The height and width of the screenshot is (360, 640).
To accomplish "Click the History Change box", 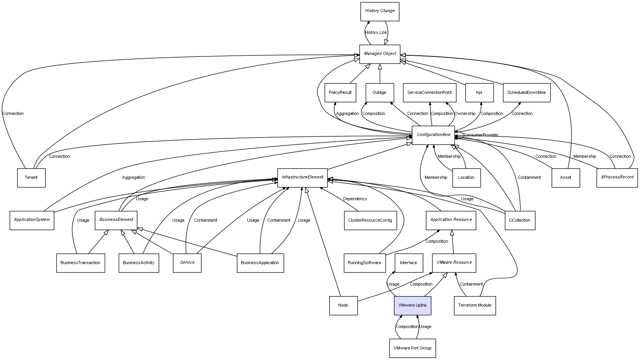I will pyautogui.click(x=380, y=11).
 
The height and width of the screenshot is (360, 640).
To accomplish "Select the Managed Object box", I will pyautogui.click(x=380, y=54).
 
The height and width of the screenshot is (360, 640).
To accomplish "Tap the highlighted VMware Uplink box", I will pyautogui.click(x=413, y=305).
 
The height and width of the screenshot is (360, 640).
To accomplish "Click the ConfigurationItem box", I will pyautogui.click(x=433, y=135).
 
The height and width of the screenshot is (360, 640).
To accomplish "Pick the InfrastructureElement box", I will pyautogui.click(x=302, y=177).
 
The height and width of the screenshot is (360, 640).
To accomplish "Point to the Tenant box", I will pyautogui.click(x=31, y=178).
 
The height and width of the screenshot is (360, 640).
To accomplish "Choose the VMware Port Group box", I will pyautogui.click(x=413, y=348).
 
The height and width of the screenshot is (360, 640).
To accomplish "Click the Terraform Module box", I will pyautogui.click(x=475, y=305).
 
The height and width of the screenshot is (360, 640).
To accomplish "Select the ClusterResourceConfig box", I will pyautogui.click(x=370, y=220).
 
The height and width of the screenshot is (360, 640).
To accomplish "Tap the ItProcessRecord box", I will pyautogui.click(x=617, y=177).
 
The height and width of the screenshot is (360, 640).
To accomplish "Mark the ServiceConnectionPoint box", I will pyautogui.click(x=429, y=93).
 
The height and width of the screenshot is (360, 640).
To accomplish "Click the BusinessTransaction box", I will pyautogui.click(x=81, y=263).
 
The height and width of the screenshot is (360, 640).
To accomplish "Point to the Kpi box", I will pyautogui.click(x=479, y=93).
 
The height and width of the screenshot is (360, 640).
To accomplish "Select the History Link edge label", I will pyautogui.click(x=376, y=33).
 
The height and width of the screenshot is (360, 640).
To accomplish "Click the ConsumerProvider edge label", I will pyautogui.click(x=481, y=135).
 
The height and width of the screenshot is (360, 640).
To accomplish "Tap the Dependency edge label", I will pyautogui.click(x=355, y=199).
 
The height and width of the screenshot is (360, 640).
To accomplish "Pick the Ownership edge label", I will pyautogui.click(x=465, y=114).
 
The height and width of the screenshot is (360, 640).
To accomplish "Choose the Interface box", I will pyautogui.click(x=409, y=263).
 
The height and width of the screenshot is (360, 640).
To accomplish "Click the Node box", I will pyautogui.click(x=343, y=305).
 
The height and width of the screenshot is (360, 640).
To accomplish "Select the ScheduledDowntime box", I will pyautogui.click(x=527, y=93).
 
